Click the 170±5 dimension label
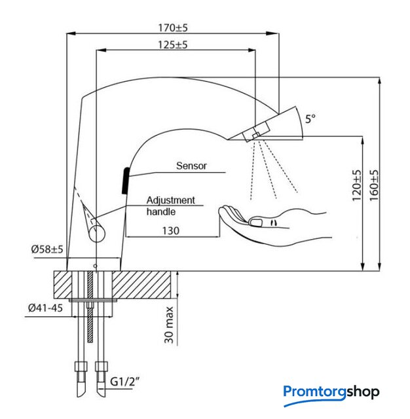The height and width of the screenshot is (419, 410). point(172,28)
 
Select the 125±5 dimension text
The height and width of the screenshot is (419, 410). point(172,45)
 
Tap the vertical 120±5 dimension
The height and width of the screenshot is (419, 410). point(356,186)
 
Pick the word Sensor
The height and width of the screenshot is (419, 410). point(191,166)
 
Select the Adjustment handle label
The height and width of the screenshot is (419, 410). point(170,206)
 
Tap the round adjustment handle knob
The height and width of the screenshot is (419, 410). point(97,232)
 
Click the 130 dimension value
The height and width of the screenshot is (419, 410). point(172,230)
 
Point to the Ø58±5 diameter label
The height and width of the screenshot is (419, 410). point(47,249)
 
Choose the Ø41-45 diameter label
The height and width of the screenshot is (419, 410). point(47,308)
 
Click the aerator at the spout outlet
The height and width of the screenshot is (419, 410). point(252,134)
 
